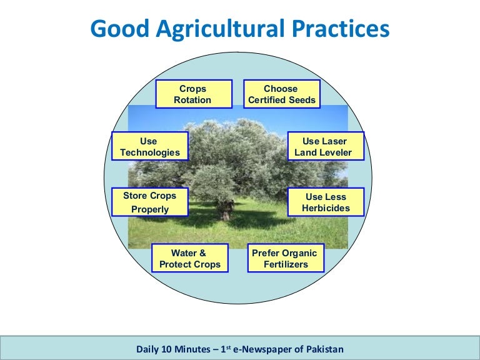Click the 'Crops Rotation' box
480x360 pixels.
(193, 94)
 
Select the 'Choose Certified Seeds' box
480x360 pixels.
(281, 94)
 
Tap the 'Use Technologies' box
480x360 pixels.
(149, 147)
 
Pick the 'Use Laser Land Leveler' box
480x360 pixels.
(325, 147)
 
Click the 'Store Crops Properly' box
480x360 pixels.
(149, 202)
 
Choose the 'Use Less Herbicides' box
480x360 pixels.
(325, 202)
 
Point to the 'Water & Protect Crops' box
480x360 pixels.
(189, 259)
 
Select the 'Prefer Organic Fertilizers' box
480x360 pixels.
(286, 259)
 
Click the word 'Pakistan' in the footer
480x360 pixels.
(323, 349)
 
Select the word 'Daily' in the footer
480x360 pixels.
(148, 349)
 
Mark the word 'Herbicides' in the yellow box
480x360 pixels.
(326, 208)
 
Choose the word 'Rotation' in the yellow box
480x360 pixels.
(193, 100)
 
